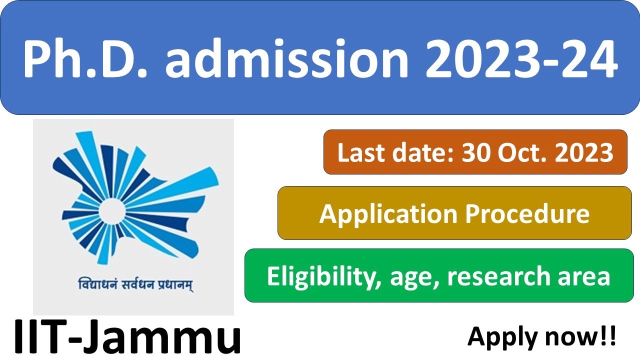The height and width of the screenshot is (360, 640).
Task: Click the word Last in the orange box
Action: (x=359, y=152)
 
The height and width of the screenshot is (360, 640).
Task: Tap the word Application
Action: (x=388, y=214)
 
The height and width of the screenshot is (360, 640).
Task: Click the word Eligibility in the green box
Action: (x=320, y=276)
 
